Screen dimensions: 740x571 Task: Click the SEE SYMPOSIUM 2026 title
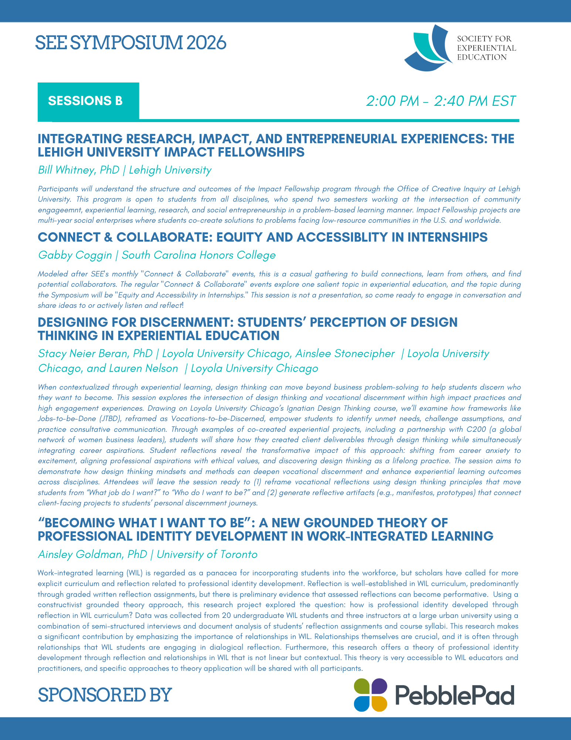(130, 43)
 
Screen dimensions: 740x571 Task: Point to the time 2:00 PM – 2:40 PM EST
(441, 101)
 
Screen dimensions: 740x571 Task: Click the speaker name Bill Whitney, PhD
(79, 170)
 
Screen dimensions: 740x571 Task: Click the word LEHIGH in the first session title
(60, 152)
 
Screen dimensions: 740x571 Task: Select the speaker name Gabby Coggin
(75, 255)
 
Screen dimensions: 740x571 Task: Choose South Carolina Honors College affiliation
(199, 255)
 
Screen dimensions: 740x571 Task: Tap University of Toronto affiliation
(207, 554)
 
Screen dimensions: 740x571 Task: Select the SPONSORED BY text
(105, 694)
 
